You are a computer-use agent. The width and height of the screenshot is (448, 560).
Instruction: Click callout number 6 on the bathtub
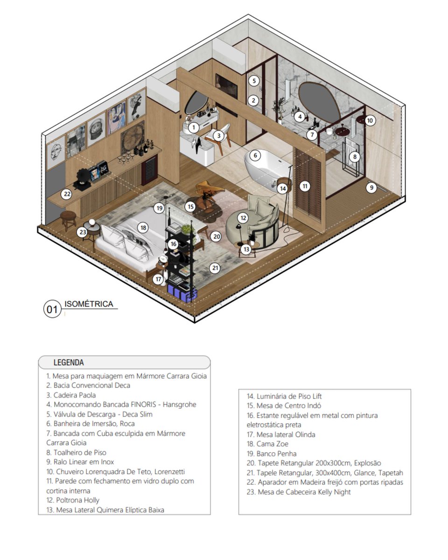(255, 155)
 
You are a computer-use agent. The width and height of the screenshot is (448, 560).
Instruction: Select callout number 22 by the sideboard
(67, 194)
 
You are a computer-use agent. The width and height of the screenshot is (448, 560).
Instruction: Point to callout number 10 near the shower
(370, 120)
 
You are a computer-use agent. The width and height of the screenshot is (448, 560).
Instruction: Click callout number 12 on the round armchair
(243, 217)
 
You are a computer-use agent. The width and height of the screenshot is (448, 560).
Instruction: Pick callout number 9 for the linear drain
(371, 188)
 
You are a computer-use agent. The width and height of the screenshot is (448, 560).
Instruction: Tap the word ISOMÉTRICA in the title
(89, 304)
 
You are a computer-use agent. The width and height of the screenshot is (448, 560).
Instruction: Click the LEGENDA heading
(69, 363)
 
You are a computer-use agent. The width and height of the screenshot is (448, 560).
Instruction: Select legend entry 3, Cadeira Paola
(71, 395)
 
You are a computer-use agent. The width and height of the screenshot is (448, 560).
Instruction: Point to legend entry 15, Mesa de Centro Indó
(284, 406)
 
